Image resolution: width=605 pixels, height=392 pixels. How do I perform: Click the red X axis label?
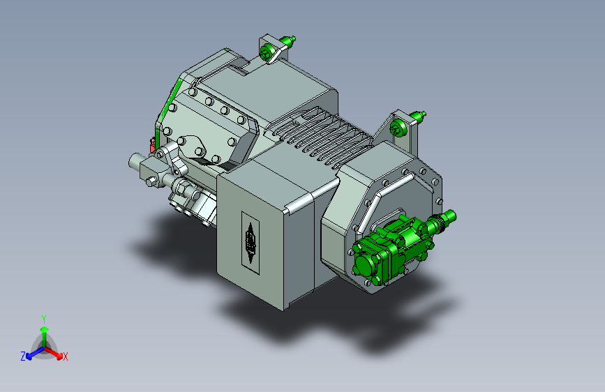[x=66, y=357]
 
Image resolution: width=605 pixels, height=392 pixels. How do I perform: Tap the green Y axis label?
[x=44, y=319]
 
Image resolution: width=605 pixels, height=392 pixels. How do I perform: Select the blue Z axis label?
[x=23, y=356]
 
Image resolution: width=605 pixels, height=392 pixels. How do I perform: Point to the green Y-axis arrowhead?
[x=45, y=329]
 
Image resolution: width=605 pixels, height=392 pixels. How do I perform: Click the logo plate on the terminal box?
[x=251, y=242]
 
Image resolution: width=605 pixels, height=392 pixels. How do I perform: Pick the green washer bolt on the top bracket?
[x=267, y=52]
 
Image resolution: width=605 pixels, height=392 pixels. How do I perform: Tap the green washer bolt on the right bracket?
[x=397, y=128]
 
